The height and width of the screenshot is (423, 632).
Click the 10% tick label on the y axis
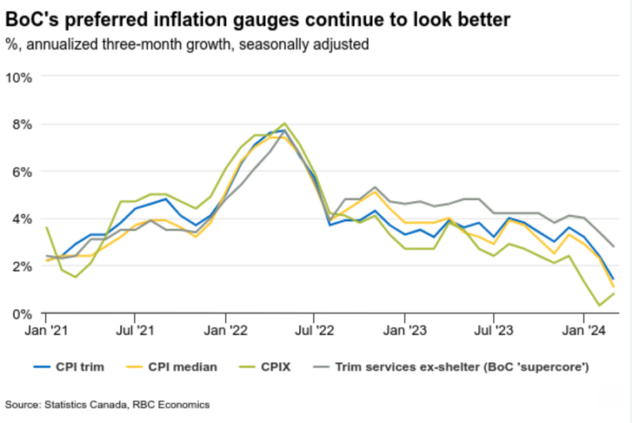[x=18, y=77]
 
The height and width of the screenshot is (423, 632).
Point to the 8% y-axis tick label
[x=21, y=124]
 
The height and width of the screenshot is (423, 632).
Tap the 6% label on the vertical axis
[x=21, y=172]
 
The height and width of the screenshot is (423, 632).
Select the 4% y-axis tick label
[x=21, y=219]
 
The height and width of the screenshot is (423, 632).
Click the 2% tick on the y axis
[x=21, y=266]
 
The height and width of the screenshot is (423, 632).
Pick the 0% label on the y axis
[x=21, y=314]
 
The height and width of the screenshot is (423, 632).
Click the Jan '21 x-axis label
[x=46, y=329]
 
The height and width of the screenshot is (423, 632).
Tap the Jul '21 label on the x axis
[x=135, y=329]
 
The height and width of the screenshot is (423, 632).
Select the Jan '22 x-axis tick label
[x=225, y=329]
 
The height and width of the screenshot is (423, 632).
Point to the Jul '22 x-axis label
[x=314, y=329]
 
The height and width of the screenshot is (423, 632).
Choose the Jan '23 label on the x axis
[x=404, y=329]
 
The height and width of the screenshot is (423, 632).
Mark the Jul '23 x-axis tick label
[x=493, y=329]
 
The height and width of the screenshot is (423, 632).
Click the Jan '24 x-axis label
[x=583, y=329]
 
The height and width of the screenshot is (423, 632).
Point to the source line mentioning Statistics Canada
[x=107, y=405]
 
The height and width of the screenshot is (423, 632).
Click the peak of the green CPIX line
[x=284, y=123]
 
